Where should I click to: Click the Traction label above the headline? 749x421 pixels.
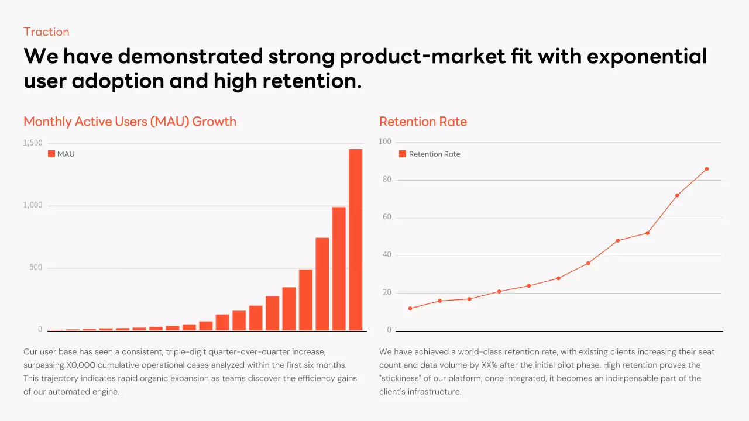coord(46,32)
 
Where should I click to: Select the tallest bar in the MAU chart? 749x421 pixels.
coord(355,240)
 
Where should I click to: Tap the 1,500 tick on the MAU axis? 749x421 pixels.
coord(33,143)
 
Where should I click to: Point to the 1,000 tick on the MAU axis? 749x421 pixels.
coord(33,205)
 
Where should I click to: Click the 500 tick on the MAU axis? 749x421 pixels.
coord(36,268)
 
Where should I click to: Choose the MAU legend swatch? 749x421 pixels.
coord(51,154)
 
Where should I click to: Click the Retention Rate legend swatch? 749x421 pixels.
coord(403,154)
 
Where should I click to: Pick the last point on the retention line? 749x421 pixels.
coord(707,169)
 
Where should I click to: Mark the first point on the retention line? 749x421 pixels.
coord(410,308)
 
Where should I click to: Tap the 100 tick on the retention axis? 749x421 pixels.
coord(385,142)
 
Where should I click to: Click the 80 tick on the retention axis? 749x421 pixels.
coord(387,180)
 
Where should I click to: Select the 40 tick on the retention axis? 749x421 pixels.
coord(387,255)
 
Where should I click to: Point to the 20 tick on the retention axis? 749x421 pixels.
coord(387,293)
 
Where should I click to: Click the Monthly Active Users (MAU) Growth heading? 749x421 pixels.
coord(130,122)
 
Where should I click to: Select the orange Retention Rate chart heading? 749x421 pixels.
coord(423,122)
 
